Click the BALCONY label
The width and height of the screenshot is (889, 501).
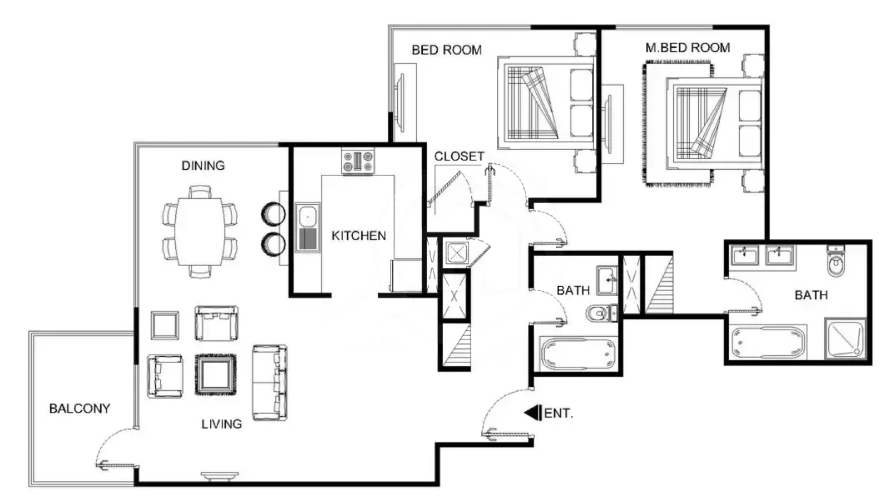click(x=80, y=409)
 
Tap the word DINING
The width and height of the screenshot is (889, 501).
click(x=203, y=165)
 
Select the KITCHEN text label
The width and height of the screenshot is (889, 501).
click(x=358, y=236)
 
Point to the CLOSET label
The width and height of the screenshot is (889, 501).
click(x=459, y=156)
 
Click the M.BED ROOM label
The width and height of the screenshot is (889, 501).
click(x=688, y=48)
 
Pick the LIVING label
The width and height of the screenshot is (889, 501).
click(x=221, y=424)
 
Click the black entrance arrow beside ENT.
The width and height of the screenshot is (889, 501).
click(x=532, y=413)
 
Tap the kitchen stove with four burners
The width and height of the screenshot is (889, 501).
click(x=358, y=161)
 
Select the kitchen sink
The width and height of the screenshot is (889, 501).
click(x=308, y=227)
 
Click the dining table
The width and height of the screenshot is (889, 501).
click(x=200, y=232)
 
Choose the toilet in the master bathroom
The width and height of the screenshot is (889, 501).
click(x=836, y=261)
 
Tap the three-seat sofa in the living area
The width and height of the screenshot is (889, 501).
click(x=270, y=382)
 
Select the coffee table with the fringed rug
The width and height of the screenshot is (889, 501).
click(x=215, y=375)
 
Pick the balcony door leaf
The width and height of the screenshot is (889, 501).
click(x=117, y=465)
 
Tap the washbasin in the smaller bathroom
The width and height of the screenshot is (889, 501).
click(x=607, y=280)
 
